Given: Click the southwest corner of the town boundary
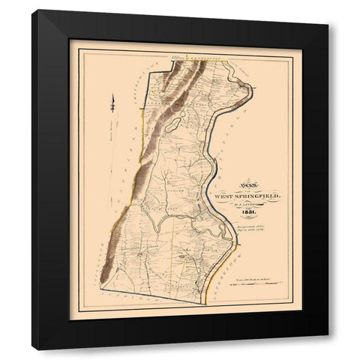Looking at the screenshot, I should [x=100, y=286].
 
